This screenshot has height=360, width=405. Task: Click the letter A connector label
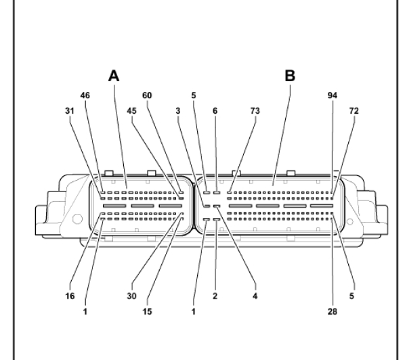[114, 76]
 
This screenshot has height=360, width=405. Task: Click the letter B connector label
[290, 76]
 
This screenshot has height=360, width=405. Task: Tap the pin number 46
[85, 95]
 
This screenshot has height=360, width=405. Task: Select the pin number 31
[70, 111]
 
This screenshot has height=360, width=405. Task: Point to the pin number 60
[147, 95]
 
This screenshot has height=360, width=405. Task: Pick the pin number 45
[131, 111]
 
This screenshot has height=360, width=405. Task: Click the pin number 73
[255, 111]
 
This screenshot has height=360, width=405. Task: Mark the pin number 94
[333, 95]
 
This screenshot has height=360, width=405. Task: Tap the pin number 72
[354, 111]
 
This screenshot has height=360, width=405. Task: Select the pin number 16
[70, 296]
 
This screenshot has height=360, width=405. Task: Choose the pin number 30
[131, 296]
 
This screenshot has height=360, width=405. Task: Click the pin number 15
[147, 312]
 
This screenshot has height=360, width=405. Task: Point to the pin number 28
[333, 312]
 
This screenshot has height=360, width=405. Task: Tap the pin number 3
[178, 111]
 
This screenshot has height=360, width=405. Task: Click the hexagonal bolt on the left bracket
[77, 219]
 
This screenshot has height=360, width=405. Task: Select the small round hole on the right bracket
[350, 221]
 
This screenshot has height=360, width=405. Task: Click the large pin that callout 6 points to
[217, 192]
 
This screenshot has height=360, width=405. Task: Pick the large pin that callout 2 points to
[217, 219]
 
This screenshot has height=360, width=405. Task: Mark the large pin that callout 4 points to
[217, 206]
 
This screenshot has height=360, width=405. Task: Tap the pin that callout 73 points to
[229, 192]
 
